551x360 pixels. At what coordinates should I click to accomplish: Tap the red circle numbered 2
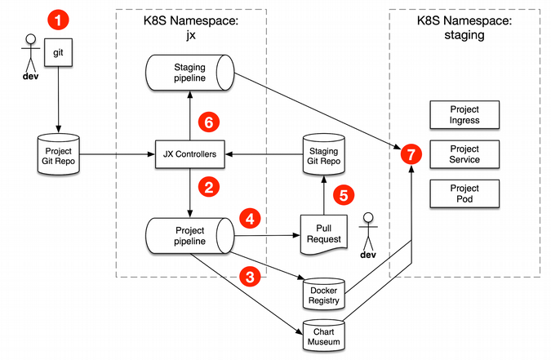coord(210,187)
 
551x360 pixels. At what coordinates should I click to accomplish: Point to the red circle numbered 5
coord(344,196)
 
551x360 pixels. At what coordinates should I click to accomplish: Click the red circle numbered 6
coord(210,122)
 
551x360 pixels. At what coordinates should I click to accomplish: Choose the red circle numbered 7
coord(411,153)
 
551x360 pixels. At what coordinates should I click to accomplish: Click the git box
coord(58,51)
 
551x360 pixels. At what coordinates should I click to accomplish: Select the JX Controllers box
coord(189,153)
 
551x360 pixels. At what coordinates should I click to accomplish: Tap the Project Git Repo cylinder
coord(58,153)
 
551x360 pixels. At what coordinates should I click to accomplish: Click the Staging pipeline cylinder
coord(189,73)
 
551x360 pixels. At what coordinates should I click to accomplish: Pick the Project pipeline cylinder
coord(189,236)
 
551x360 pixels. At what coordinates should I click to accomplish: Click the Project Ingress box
coord(464,114)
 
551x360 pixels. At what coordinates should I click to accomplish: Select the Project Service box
coord(464,153)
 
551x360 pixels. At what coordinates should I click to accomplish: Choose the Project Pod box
coord(464,193)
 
